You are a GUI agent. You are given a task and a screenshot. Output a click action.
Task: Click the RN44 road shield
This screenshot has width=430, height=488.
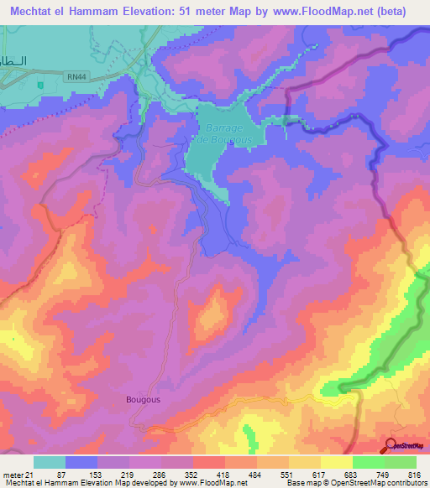click(76, 76)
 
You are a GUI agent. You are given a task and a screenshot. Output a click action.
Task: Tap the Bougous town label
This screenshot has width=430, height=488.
click(143, 400)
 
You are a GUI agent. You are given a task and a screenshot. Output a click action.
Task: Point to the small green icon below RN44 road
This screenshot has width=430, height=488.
click(39, 85)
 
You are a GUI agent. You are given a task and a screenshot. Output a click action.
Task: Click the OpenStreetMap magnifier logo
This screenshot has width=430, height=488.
click(391, 445)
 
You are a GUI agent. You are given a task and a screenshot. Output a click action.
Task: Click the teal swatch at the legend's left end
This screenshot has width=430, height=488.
click(50, 463)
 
